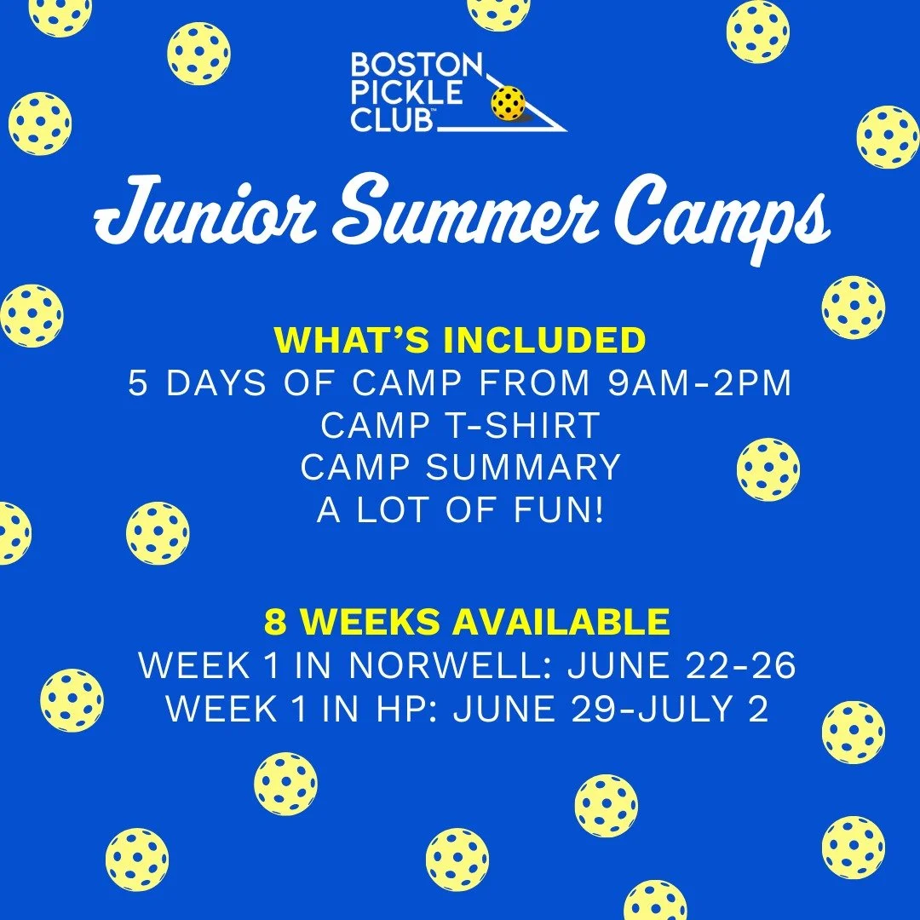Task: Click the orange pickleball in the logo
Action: pyautogui.click(x=509, y=103)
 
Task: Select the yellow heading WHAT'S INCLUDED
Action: pyautogui.click(x=460, y=341)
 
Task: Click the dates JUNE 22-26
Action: pyautogui.click(x=682, y=666)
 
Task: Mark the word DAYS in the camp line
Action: pyautogui.click(x=211, y=384)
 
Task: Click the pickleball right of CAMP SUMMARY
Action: pyautogui.click(x=768, y=469)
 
